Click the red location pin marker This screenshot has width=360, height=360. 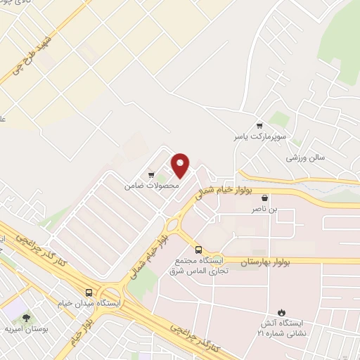point(181,166)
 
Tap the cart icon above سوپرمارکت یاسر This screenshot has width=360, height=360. point(259,124)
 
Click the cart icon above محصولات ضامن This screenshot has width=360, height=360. point(151,174)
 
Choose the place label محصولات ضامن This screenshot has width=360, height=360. point(152,186)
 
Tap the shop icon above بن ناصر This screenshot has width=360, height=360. point(264,198)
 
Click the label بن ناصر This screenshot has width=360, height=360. point(264,210)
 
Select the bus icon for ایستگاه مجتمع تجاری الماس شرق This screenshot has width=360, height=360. point(198,250)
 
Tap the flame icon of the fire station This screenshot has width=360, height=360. point(282,312)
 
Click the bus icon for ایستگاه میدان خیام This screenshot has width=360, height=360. point(89,292)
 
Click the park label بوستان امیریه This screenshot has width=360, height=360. point(26,328)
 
